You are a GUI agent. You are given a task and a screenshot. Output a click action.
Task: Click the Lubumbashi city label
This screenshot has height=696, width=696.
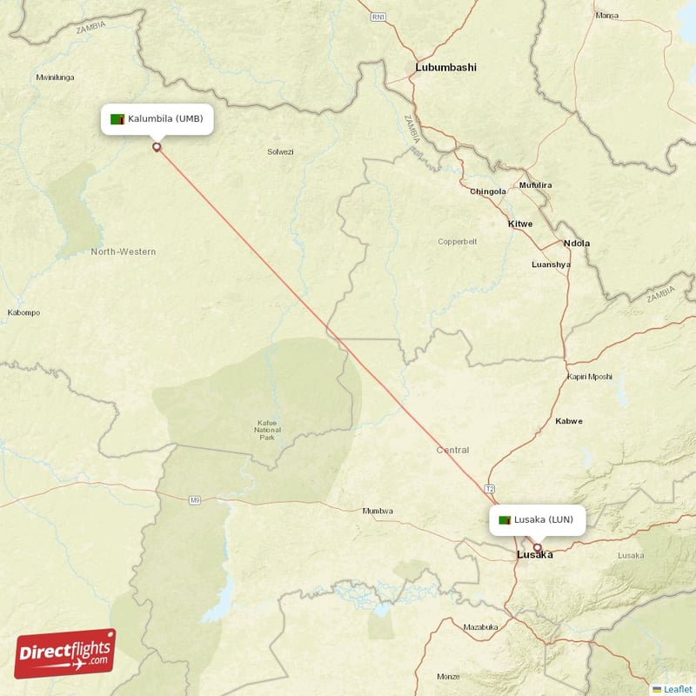[x=445, y=67]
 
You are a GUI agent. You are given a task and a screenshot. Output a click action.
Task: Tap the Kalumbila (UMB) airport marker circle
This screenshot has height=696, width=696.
[x=157, y=147]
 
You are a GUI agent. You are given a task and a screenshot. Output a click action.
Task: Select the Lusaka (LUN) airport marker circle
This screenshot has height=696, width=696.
[x=537, y=547]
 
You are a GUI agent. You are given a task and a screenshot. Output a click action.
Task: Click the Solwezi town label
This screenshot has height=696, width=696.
[x=280, y=151]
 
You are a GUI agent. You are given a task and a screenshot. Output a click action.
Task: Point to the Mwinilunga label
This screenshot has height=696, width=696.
[x=54, y=77]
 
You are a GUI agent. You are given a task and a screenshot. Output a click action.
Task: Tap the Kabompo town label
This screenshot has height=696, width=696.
[x=23, y=312]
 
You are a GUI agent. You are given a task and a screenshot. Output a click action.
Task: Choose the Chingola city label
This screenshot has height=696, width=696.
[x=487, y=191]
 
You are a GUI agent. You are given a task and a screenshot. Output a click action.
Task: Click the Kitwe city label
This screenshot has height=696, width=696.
[x=520, y=224]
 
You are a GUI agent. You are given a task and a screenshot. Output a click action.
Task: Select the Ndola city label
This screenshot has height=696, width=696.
[x=577, y=244]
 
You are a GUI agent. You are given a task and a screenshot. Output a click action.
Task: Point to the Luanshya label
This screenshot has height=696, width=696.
[x=551, y=264]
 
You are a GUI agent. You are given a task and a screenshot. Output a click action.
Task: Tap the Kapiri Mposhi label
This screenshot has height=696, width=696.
[x=590, y=377]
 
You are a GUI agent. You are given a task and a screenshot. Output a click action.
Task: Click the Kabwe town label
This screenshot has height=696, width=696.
[x=569, y=421]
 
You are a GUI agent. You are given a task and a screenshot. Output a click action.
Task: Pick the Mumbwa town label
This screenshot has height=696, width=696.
[x=378, y=511]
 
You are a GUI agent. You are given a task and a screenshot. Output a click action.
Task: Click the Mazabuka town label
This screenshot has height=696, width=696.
[x=480, y=626]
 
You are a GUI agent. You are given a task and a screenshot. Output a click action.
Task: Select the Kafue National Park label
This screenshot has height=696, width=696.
[x=267, y=430]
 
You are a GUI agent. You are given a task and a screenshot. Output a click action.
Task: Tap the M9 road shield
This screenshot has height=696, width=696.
[x=195, y=500]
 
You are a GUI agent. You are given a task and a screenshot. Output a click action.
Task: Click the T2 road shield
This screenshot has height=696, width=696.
[x=490, y=491]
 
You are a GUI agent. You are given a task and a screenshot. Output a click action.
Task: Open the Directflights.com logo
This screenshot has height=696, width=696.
[x=65, y=653]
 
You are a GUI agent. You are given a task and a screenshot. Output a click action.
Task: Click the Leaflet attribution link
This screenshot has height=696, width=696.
[x=677, y=689]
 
